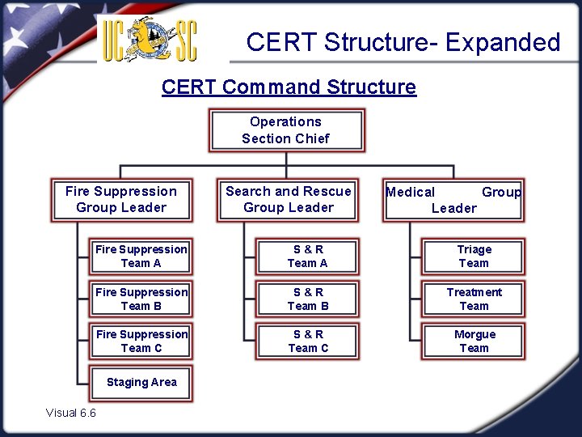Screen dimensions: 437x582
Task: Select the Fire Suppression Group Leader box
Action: tap(121, 200)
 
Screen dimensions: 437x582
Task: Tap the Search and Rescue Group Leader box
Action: tap(288, 200)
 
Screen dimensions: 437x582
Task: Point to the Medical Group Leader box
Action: tap(453, 200)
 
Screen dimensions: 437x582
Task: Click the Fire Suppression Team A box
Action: tap(141, 257)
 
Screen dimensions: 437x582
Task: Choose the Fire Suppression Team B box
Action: tap(141, 299)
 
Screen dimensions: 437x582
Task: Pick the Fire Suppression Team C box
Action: tap(141, 342)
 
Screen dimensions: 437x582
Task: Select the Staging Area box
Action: tap(141, 383)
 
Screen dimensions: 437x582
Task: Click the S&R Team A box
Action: tap(308, 257)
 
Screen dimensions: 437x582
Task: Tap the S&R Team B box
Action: tap(308, 299)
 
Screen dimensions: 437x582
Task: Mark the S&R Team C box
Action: tap(308, 342)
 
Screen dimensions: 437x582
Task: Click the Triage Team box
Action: tap(474, 257)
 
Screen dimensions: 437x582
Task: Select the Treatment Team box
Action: tap(474, 299)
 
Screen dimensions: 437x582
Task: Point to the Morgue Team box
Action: tap(474, 342)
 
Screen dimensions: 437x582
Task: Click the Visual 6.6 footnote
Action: tap(71, 413)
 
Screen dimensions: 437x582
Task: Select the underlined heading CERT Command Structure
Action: tap(289, 87)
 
